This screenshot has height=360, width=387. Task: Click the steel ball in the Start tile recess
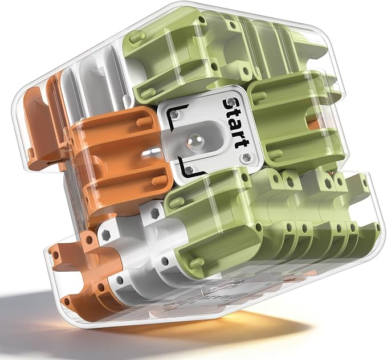click(x=194, y=142)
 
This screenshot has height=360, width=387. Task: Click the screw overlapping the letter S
click(x=231, y=101)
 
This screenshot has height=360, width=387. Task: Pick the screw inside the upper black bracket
click(x=175, y=114)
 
